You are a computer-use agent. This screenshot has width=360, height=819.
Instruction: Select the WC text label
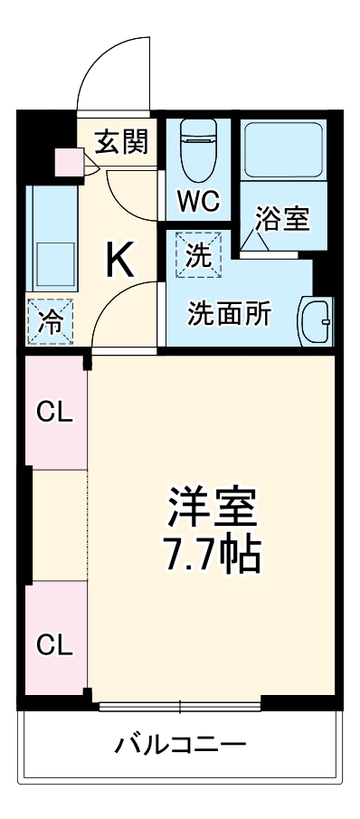coord(198,201)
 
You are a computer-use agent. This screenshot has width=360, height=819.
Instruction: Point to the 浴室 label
coord(282,219)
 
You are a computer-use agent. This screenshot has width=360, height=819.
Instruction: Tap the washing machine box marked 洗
coord(197,254)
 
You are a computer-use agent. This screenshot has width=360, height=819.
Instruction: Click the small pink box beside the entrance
coord(68,163)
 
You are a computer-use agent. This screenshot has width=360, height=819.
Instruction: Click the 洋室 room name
coord(212,509)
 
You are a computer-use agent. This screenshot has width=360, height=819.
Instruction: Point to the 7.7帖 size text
coord(212,553)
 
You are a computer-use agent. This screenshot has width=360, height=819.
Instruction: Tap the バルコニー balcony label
coord(180,746)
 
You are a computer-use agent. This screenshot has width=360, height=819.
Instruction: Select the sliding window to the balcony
coord(180,705)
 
